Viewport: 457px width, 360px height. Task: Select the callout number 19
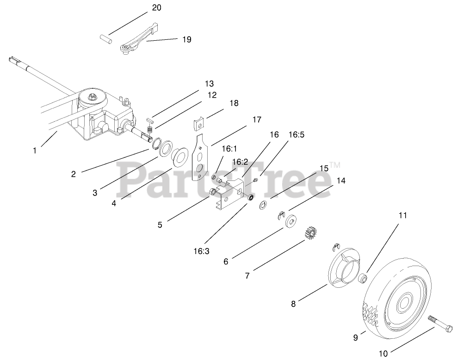(186, 39)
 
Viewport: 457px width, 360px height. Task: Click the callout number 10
(383, 354)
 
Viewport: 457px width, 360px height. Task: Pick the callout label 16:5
(296, 135)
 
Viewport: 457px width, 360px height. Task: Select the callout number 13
(209, 83)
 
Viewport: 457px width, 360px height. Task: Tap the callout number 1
(35, 150)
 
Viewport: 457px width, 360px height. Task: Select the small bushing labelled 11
(363, 279)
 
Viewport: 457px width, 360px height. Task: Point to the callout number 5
(160, 225)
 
